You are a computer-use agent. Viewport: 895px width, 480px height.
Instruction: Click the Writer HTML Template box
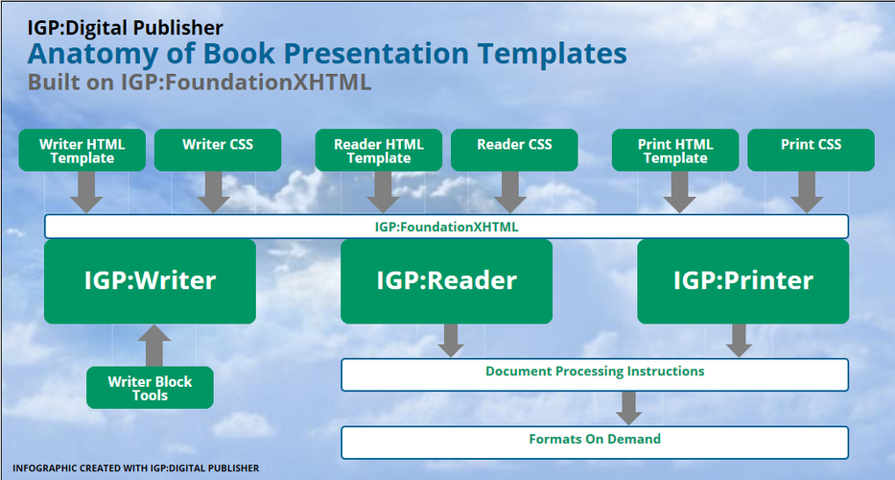[82, 150]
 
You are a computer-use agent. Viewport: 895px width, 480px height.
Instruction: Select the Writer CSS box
[218, 150]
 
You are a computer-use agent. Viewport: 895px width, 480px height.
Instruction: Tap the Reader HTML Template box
[379, 150]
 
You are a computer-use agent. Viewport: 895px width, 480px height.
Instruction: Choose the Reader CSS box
[514, 150]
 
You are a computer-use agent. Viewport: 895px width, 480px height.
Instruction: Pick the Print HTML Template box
[675, 150]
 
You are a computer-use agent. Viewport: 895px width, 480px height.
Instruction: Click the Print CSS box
[812, 150]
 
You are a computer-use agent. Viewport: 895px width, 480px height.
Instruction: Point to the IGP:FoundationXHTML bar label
[446, 227]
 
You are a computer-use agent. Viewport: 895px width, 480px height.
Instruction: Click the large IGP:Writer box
[150, 281]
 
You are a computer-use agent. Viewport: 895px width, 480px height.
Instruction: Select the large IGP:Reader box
[446, 281]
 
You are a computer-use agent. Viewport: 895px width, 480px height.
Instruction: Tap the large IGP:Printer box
[743, 281]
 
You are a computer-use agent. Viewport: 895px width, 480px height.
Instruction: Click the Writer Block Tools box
[150, 388]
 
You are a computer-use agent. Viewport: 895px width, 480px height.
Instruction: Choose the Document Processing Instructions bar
[595, 374]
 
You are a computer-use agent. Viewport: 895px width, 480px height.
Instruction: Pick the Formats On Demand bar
[595, 443]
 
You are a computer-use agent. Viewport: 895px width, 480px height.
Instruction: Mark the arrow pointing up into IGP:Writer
[154, 346]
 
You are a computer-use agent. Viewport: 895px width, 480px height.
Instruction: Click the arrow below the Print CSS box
[807, 192]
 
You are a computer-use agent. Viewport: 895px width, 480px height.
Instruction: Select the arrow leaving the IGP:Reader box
[451, 341]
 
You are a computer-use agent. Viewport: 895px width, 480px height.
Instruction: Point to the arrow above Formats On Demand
[629, 408]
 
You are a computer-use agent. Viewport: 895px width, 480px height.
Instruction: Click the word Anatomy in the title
[93, 55]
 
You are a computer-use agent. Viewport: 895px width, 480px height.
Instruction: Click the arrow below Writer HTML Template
[86, 192]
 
